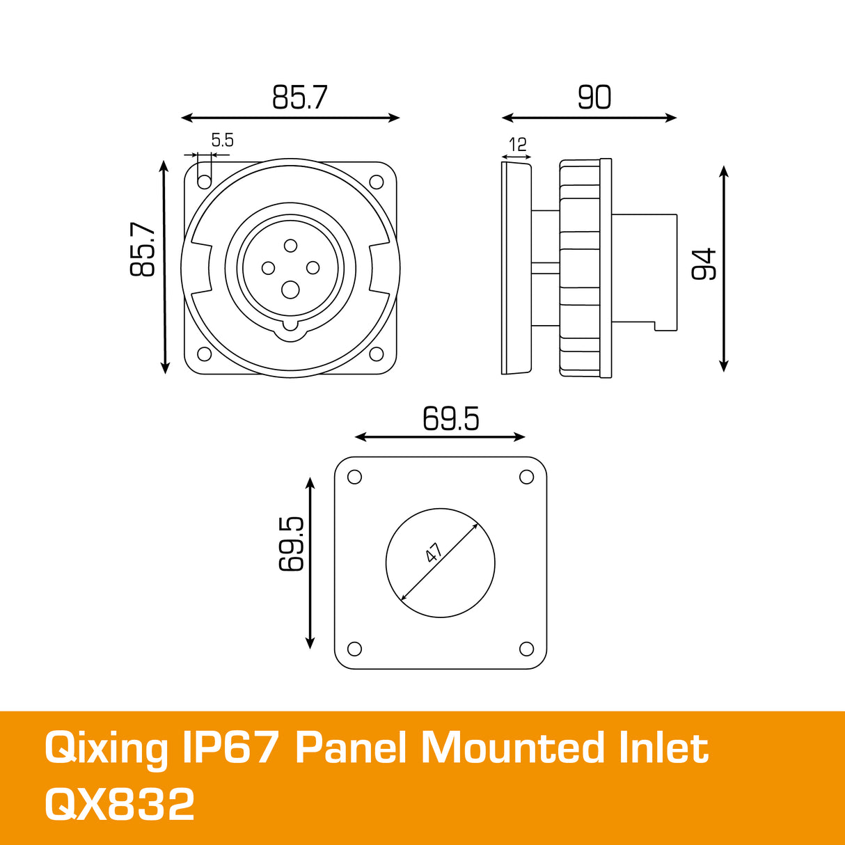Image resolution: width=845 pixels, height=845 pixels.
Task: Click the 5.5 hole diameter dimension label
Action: tap(223, 141)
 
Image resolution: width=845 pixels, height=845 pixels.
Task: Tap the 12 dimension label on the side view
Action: tap(518, 145)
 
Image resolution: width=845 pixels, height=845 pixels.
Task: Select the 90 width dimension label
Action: tap(594, 97)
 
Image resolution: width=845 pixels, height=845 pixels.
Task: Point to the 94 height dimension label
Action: tap(704, 264)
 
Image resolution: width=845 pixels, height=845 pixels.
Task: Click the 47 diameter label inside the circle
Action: tap(434, 553)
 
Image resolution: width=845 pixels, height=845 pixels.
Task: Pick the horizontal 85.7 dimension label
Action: tap(299, 97)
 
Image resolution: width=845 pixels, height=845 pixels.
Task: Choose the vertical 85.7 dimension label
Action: tap(143, 249)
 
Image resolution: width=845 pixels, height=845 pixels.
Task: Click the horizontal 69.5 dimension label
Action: tap(451, 419)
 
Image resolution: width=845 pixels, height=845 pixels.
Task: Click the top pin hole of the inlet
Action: tap(291, 245)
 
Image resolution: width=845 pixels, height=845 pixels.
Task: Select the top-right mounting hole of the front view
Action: tap(377, 182)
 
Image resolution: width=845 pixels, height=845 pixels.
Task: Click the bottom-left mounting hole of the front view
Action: tap(205, 354)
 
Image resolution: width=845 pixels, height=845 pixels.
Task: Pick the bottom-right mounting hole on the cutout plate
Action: tap(527, 649)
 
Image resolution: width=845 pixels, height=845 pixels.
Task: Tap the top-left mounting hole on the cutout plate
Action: tap(354, 477)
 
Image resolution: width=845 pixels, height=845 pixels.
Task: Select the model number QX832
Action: tap(120, 805)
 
